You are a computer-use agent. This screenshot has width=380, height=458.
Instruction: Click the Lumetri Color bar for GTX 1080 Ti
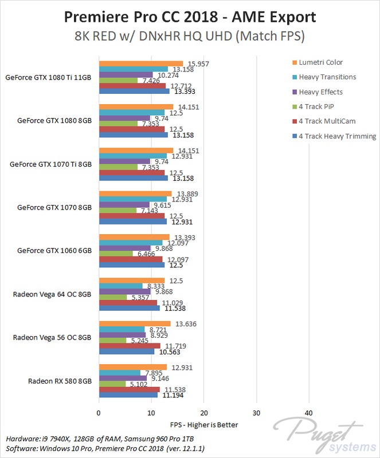pos(141,64)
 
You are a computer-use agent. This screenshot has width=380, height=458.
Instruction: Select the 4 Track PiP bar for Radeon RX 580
pos(112,384)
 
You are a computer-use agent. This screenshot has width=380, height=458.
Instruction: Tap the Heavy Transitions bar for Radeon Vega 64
pos(121,286)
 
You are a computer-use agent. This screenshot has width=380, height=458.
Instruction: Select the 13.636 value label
pos(182,323)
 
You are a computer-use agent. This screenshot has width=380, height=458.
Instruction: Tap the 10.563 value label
pos(166,352)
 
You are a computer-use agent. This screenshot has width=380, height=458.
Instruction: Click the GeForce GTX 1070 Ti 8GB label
pos(51,164)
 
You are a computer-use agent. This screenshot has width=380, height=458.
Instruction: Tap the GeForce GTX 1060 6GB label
pos(54,251)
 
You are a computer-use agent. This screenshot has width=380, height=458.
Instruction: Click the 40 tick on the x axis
pos(309,413)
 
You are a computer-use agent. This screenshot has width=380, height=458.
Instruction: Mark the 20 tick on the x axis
pos(204,413)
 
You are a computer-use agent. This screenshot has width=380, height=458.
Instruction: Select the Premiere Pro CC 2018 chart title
pos(190,14)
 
